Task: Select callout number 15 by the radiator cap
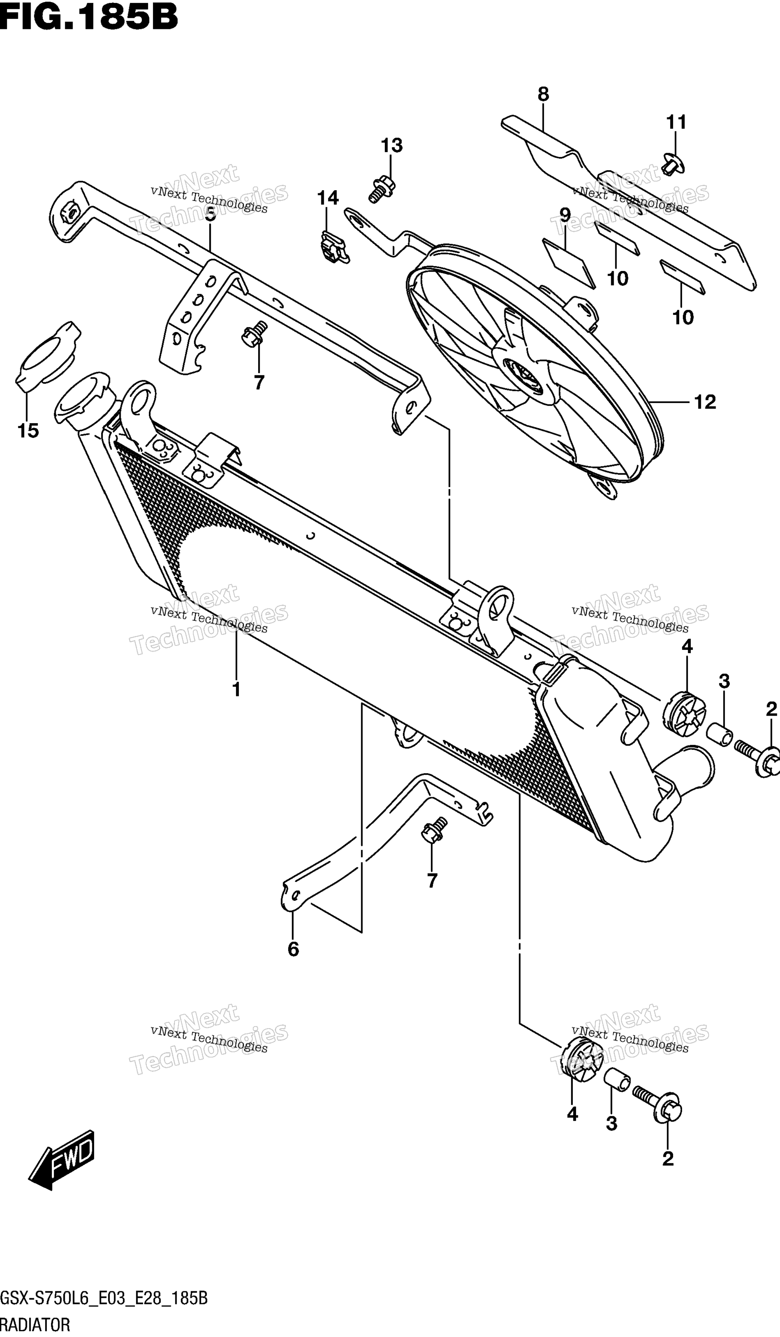click(x=28, y=431)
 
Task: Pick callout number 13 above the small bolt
click(x=392, y=145)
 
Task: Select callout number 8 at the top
click(x=543, y=94)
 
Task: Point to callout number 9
click(x=565, y=215)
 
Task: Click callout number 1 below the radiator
click(x=236, y=690)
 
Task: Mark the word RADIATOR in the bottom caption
click(x=35, y=1324)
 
